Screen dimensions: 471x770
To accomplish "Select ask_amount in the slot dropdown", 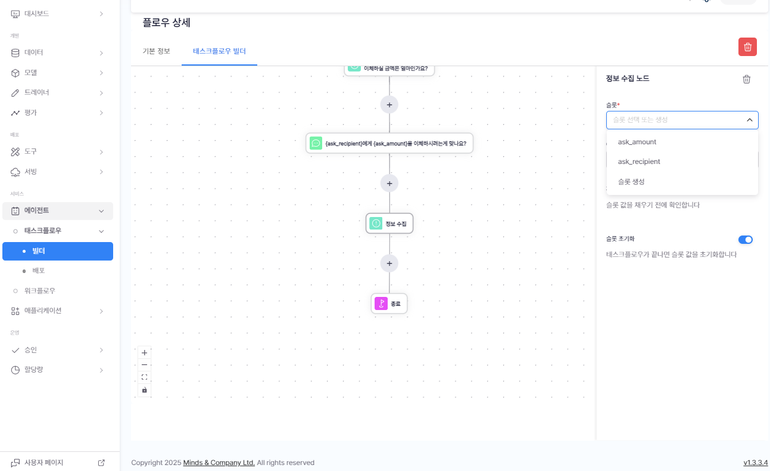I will [x=637, y=142].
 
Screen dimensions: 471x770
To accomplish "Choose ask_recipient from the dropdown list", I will [x=638, y=162].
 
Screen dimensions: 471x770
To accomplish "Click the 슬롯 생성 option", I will [x=631, y=181].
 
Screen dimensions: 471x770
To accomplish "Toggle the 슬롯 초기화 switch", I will [x=745, y=240].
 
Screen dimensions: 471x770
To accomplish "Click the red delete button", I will [x=747, y=47].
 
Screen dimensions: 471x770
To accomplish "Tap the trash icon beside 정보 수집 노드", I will [x=746, y=79].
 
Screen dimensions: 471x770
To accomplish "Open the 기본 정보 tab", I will [x=156, y=51].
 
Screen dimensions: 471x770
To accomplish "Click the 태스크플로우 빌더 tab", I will [x=219, y=51].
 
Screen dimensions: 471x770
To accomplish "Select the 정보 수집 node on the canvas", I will [x=389, y=224].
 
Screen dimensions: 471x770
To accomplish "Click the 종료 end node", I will [x=389, y=303].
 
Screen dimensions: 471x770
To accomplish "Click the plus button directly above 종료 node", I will [x=389, y=264].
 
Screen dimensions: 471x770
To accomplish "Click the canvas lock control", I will [x=144, y=390].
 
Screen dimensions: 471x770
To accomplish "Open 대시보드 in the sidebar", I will [x=37, y=13].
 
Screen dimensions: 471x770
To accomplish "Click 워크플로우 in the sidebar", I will [x=39, y=291].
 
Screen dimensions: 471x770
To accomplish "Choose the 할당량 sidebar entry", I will [x=34, y=370].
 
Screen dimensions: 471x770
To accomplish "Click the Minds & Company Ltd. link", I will [x=219, y=463].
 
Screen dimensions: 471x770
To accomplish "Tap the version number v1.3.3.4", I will [x=755, y=463].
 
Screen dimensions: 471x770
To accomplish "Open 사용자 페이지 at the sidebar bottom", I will [x=43, y=463].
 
